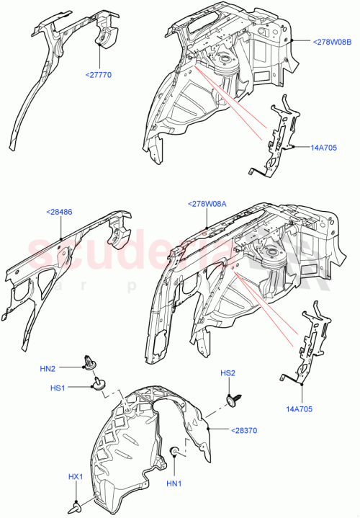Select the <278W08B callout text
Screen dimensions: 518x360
tap(332, 43)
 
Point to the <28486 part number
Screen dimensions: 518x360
tap(60, 212)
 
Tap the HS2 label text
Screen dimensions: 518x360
tap(228, 373)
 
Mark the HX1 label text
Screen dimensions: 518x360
tap(75, 477)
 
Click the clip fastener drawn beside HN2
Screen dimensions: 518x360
tap(90, 362)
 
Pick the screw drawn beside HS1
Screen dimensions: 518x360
tap(96, 386)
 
